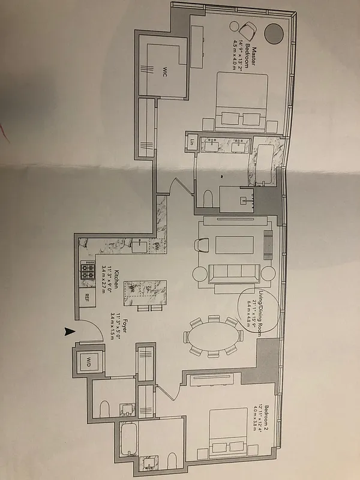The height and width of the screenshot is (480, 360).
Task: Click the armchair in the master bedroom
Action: (x=246, y=29)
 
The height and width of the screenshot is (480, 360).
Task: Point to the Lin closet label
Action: (x=193, y=143)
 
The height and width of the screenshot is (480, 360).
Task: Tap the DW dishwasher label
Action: (x=155, y=246)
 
